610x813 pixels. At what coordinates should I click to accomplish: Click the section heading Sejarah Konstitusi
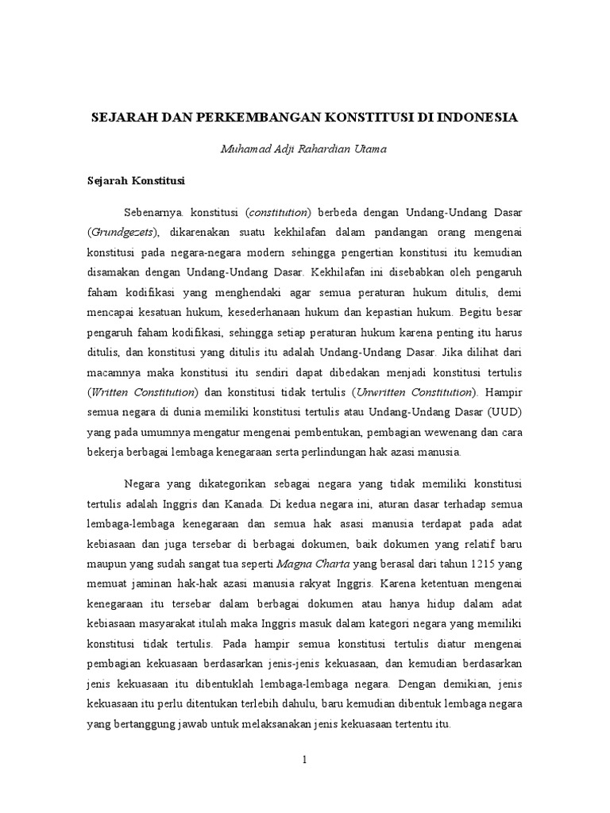[136, 182]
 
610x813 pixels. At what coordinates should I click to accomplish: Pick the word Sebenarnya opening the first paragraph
[152, 214]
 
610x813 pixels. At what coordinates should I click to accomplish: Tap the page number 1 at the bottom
[304, 759]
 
